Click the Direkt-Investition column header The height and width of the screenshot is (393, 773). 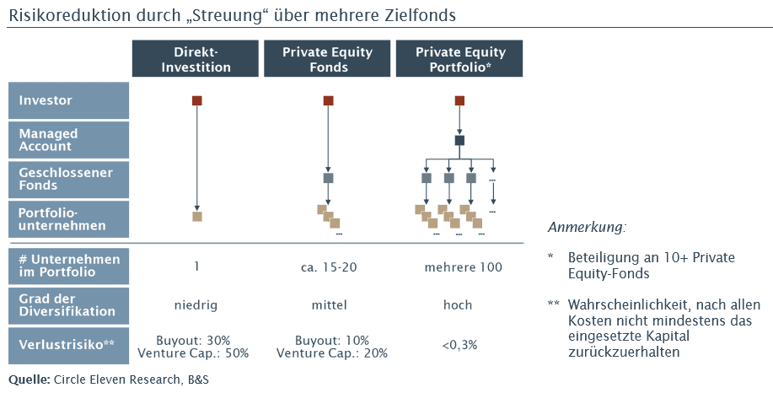(x=196, y=59)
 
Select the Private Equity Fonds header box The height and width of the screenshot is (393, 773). (x=328, y=59)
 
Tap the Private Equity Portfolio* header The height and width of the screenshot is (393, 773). (x=459, y=59)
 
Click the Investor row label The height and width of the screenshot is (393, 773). (x=69, y=100)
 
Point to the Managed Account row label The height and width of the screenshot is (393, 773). (x=69, y=140)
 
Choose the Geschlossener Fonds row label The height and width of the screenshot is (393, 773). (x=69, y=179)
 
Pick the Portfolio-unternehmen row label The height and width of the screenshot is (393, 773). (x=69, y=218)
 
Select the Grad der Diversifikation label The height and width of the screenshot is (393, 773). (x=69, y=304)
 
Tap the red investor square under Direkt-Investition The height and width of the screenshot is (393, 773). (x=196, y=101)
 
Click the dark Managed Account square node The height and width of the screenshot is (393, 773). (x=459, y=141)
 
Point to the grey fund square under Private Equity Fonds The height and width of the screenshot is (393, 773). (x=328, y=178)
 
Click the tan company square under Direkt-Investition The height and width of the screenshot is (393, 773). (x=196, y=217)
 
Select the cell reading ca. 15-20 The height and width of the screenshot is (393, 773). (x=329, y=267)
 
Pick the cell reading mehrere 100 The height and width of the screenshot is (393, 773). (x=459, y=267)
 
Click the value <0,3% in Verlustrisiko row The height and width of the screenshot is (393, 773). (x=459, y=346)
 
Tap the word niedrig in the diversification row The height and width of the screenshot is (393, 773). (x=196, y=305)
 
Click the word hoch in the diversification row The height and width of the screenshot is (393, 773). (x=459, y=305)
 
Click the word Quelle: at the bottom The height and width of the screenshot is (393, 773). (x=29, y=380)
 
